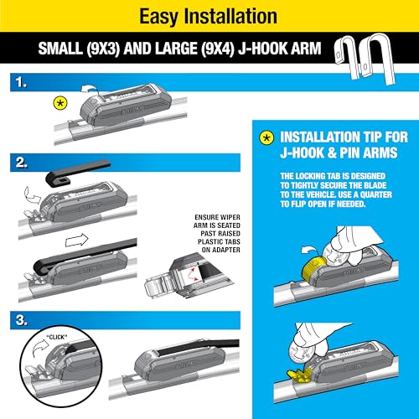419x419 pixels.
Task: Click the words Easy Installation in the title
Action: coord(209,15)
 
